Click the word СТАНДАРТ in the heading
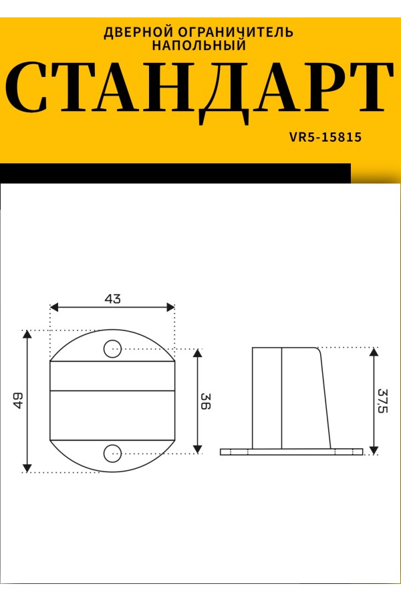click(x=200, y=92)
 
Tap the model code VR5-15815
click(x=325, y=137)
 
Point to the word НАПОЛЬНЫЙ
click(x=199, y=45)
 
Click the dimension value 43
click(x=112, y=298)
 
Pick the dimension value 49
click(x=18, y=400)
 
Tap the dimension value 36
click(x=206, y=401)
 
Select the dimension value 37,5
click(x=383, y=401)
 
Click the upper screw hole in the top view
click(x=113, y=349)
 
